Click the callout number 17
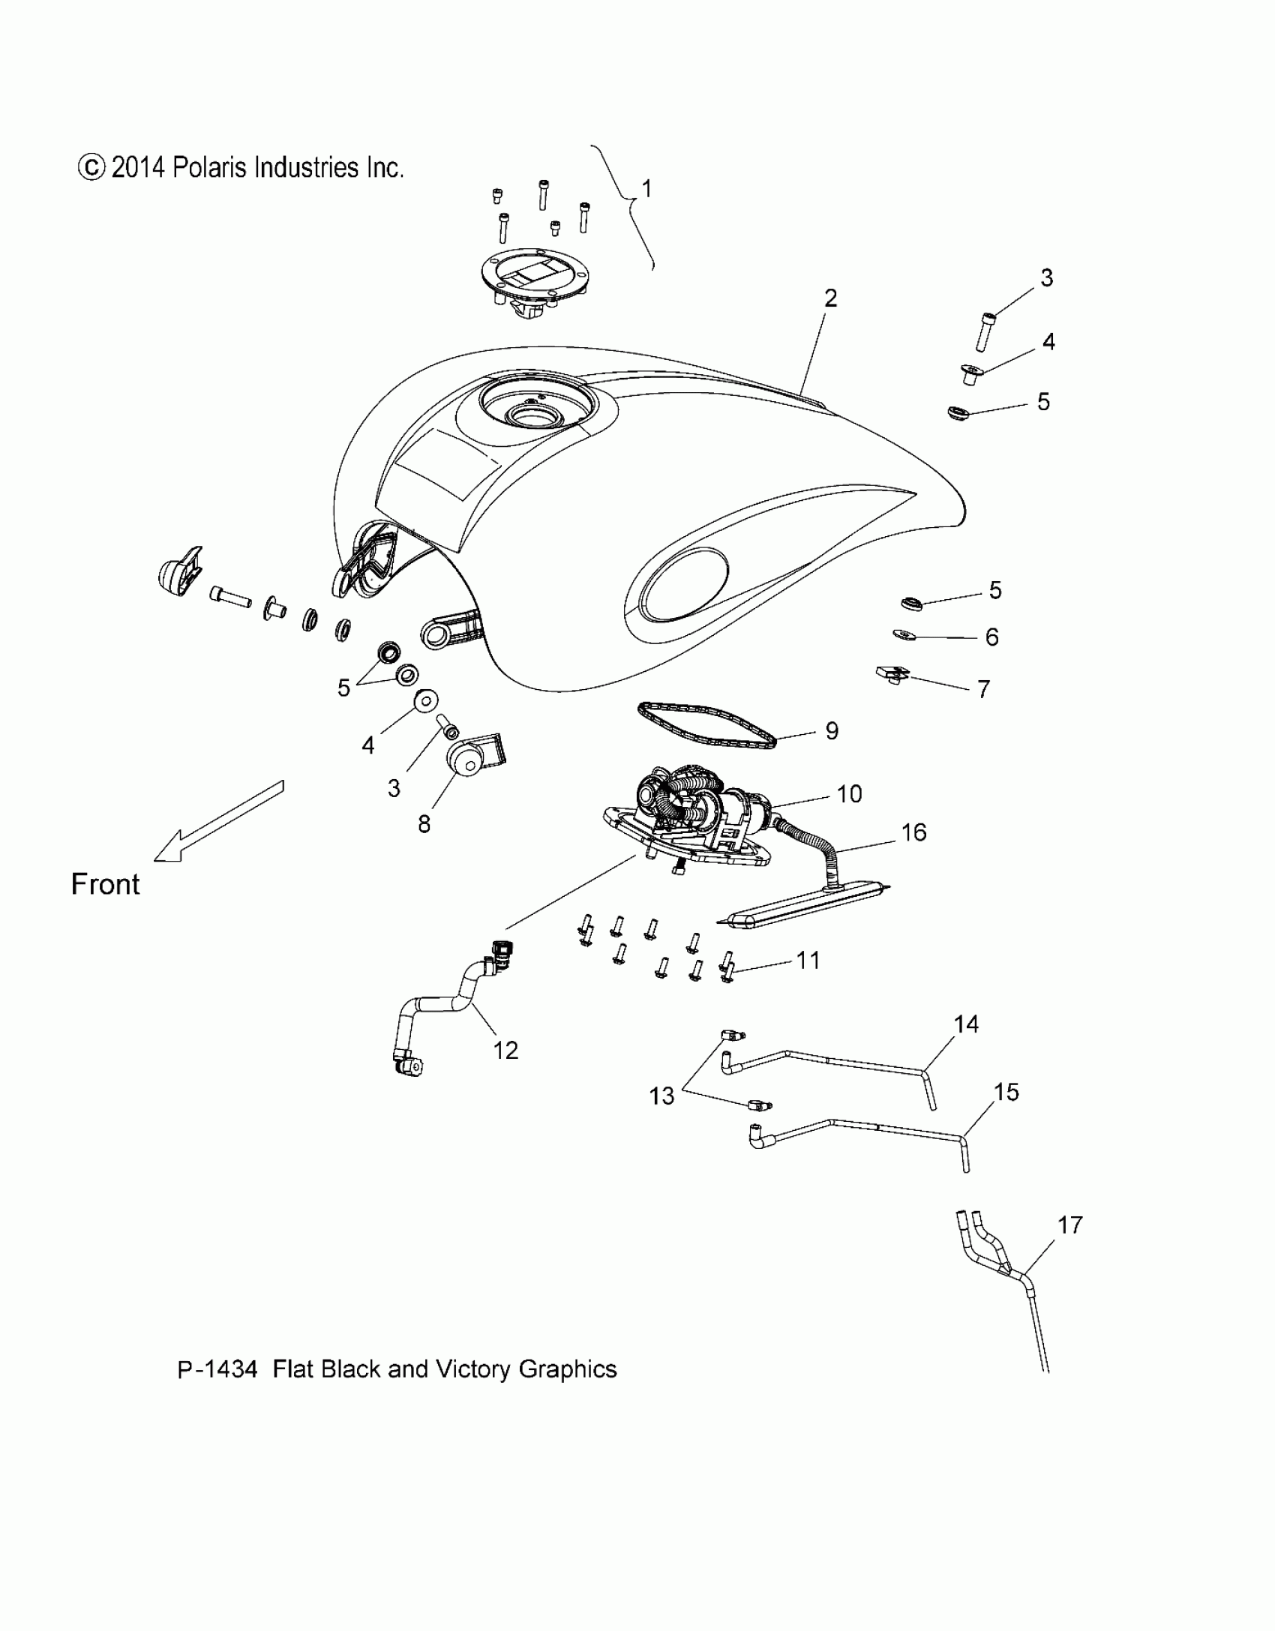[x=1069, y=1225]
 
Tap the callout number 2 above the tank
[x=830, y=298]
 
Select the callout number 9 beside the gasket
[x=832, y=731]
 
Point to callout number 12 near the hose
[x=505, y=1051]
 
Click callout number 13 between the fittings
[x=661, y=1096]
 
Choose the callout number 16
[x=914, y=832]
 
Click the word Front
[x=105, y=884]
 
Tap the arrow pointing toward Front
[x=217, y=822]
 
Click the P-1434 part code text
[x=217, y=1369]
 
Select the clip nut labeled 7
[x=892, y=674]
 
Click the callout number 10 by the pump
[x=849, y=793]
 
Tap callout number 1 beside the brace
[x=646, y=189]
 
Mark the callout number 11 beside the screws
[x=807, y=960]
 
